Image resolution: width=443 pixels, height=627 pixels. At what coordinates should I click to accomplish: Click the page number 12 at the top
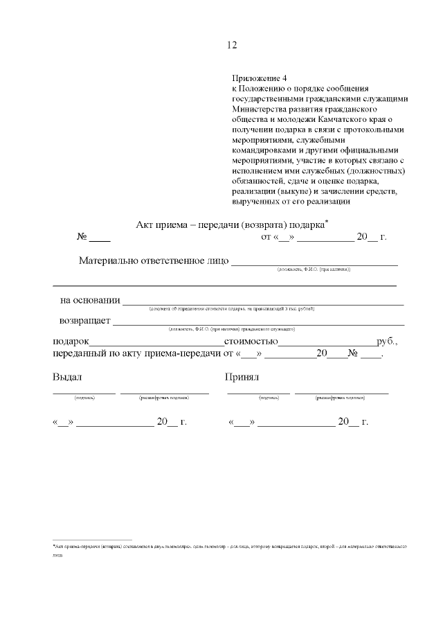click(232, 45)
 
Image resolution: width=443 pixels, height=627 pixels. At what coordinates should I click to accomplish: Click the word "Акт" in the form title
click(147, 224)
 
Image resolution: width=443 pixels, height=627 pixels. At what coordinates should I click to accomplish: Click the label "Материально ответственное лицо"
click(152, 261)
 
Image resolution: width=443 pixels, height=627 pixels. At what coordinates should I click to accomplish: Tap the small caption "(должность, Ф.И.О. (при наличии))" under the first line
click(314, 269)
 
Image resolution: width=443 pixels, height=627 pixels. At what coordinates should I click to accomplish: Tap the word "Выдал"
click(67, 378)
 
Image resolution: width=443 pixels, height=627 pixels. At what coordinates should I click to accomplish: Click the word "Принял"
click(242, 378)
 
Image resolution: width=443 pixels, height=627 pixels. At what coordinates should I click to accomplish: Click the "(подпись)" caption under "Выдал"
click(84, 398)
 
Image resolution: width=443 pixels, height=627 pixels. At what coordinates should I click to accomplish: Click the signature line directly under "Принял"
click(258, 393)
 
